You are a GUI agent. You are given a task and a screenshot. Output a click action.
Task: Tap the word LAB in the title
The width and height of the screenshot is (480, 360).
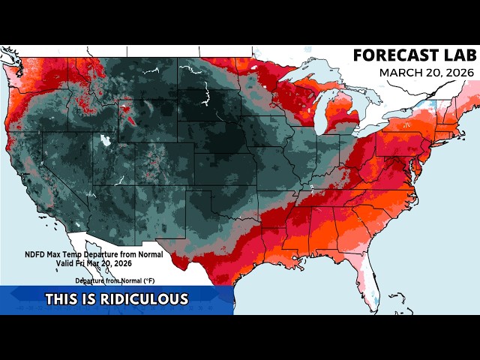[x=455, y=55]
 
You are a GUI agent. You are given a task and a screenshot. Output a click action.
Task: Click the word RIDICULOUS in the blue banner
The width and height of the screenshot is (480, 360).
[x=147, y=299]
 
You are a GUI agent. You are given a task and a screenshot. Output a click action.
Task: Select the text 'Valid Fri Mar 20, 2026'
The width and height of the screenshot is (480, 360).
[x=94, y=263]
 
